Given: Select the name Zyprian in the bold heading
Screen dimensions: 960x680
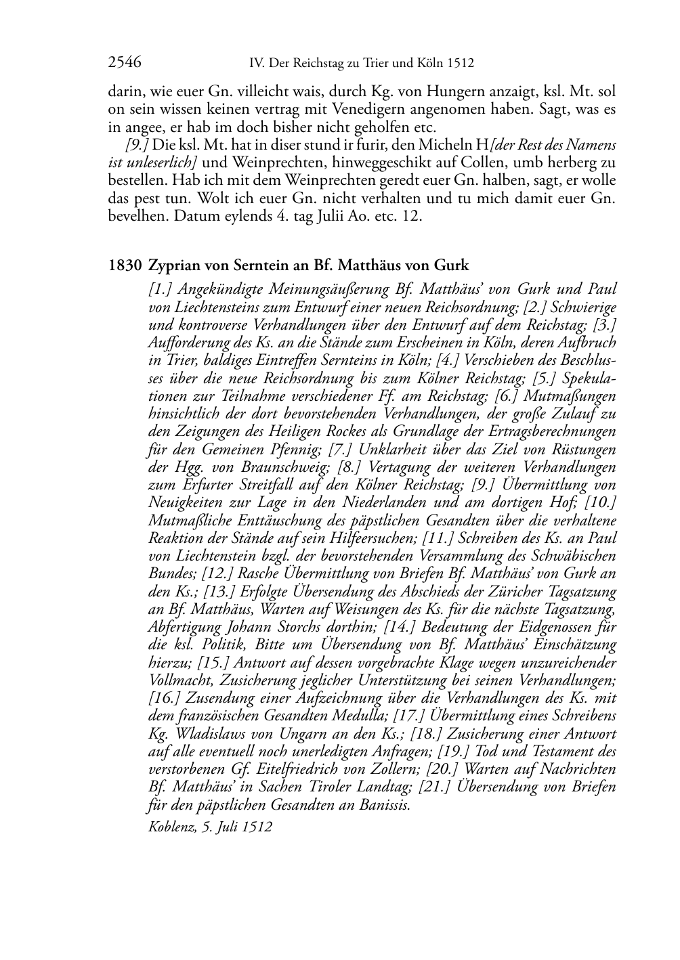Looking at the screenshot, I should click(x=171, y=265).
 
